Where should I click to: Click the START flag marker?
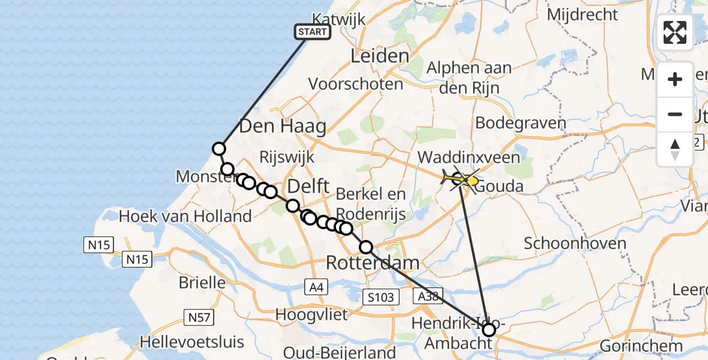click(x=313, y=32)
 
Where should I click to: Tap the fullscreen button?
click(x=675, y=32)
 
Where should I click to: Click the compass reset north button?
click(x=675, y=149)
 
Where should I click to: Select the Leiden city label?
click(x=379, y=57)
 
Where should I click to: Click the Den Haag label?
click(x=283, y=127)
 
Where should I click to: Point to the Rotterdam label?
click(x=373, y=262)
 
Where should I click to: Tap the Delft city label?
click(x=308, y=186)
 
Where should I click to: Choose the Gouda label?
click(x=503, y=186)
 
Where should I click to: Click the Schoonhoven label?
click(x=575, y=244)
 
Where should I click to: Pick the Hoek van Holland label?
click(x=185, y=216)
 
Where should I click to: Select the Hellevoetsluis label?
click(x=192, y=342)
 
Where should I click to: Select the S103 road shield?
click(x=381, y=296)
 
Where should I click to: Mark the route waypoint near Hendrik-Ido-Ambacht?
click(x=489, y=329)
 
